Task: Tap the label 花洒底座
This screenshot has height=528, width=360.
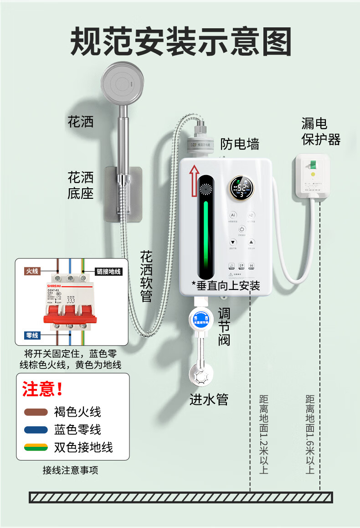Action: (x=81, y=185)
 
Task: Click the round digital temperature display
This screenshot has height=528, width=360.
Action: (x=241, y=188)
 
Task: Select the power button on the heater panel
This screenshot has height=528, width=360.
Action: (x=242, y=229)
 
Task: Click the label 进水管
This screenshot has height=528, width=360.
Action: (x=209, y=399)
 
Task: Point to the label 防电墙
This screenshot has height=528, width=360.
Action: (x=240, y=144)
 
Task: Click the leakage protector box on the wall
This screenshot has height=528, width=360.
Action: (x=313, y=177)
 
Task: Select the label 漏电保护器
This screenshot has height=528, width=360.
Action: (x=321, y=131)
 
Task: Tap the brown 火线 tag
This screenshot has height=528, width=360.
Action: (x=32, y=271)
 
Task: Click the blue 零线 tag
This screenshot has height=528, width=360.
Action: (x=32, y=336)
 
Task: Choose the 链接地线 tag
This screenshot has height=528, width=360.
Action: (x=108, y=271)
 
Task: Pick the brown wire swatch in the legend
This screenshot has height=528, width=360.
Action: (x=36, y=412)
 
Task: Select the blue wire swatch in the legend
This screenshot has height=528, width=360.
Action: (x=36, y=430)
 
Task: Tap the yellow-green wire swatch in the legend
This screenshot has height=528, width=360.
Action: (x=36, y=447)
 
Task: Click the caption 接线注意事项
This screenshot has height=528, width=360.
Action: (x=70, y=470)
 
